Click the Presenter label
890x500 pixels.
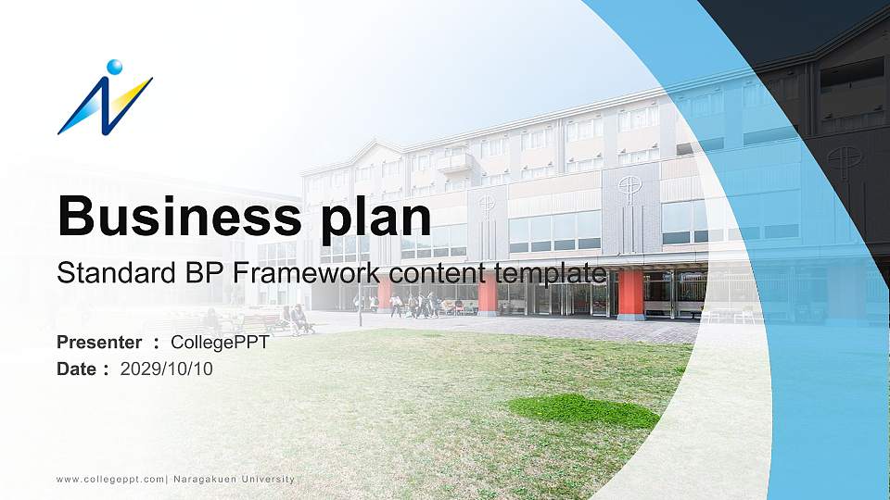click(x=99, y=343)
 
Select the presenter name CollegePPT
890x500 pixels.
click(x=220, y=343)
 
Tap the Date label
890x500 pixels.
click(x=77, y=369)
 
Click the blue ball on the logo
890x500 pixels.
click(x=114, y=67)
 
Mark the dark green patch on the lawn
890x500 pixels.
click(x=584, y=409)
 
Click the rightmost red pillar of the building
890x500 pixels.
click(x=630, y=294)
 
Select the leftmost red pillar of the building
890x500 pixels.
click(x=384, y=294)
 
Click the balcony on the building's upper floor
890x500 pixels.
click(x=454, y=164)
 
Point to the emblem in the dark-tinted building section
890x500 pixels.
click(x=844, y=159)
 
